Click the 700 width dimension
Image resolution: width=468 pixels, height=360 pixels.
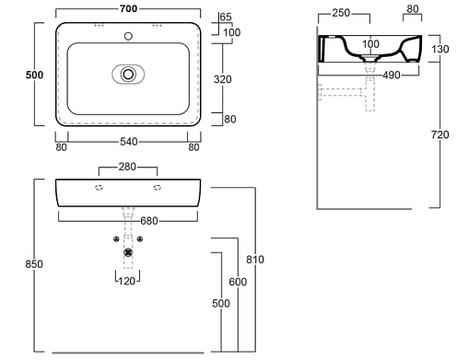point(128,8)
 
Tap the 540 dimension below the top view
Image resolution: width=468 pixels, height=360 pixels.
point(129,142)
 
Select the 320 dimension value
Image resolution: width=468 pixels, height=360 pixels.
point(222,79)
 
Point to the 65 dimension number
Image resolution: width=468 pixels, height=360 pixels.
point(226,17)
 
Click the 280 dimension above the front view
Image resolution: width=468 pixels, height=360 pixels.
point(127,167)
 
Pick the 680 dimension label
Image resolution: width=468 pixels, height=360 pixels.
point(149,221)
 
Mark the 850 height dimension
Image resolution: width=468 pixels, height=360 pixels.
point(34,264)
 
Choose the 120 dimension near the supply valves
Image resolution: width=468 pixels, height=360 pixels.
point(127,281)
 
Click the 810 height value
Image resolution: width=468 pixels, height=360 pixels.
point(255,260)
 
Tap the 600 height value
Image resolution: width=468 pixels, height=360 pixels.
point(238,282)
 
